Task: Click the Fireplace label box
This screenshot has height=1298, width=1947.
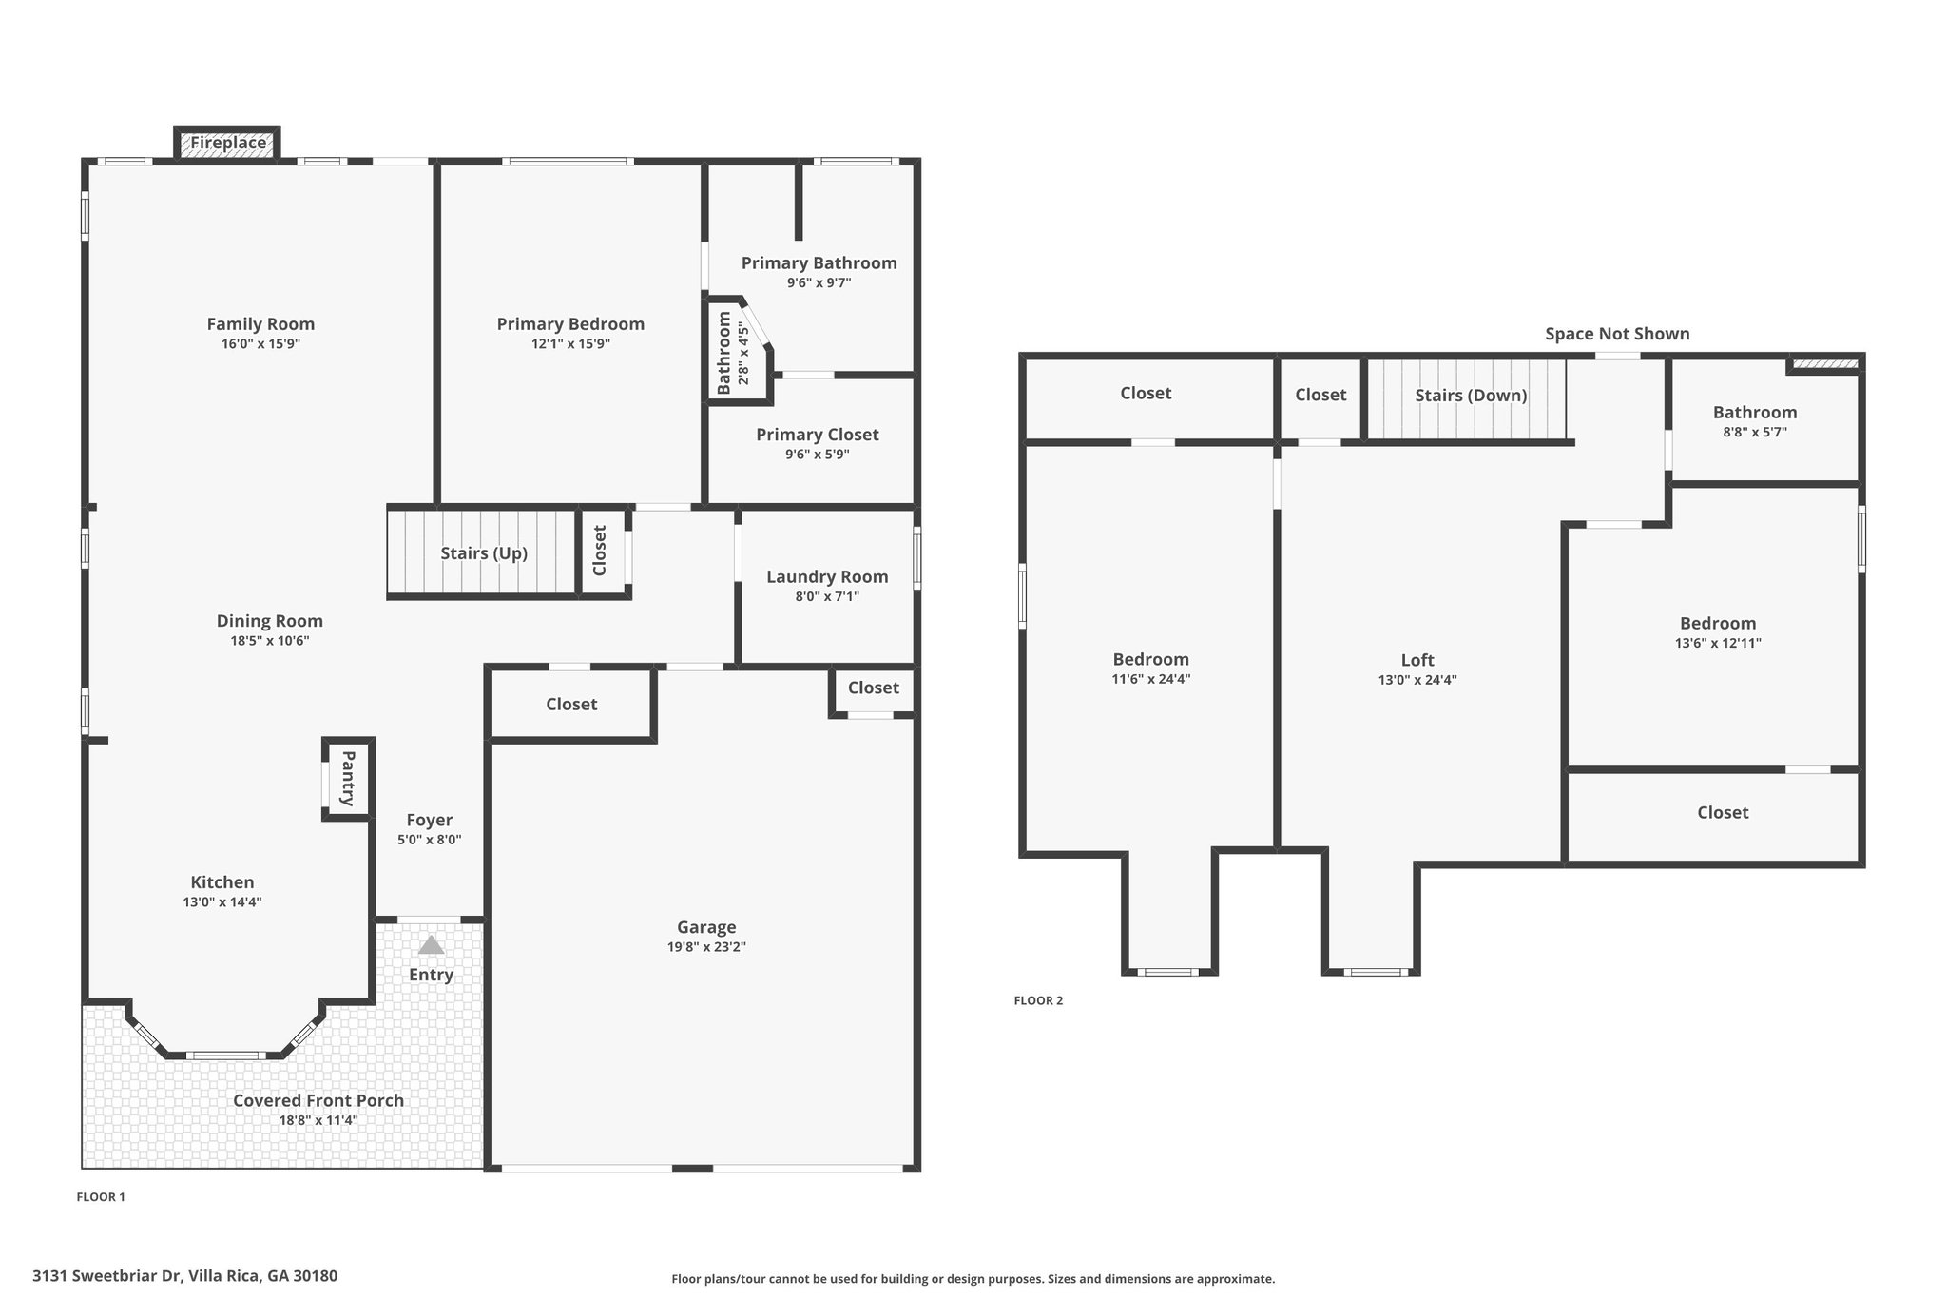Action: point(227,143)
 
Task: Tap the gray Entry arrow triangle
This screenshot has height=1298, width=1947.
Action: point(431,944)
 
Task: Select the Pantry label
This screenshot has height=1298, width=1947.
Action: point(348,778)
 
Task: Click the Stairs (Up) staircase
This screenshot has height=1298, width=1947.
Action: point(482,553)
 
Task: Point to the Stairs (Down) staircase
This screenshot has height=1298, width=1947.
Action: point(1466,398)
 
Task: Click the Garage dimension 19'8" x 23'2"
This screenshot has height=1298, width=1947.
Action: point(706,947)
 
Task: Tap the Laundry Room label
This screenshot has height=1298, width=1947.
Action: point(827,576)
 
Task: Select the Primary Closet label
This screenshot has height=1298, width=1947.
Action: point(818,435)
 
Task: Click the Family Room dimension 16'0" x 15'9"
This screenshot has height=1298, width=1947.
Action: point(260,344)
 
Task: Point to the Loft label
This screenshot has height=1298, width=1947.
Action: point(1417,660)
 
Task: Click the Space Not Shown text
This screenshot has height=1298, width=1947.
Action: point(1617,334)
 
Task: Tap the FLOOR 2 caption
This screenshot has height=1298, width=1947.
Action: point(1038,1000)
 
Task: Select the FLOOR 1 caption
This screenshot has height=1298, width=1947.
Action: point(101,1197)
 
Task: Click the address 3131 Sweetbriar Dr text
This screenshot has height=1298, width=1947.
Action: point(108,1276)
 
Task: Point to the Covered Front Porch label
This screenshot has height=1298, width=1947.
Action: point(318,1100)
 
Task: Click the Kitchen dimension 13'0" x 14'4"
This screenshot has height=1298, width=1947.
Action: point(222,902)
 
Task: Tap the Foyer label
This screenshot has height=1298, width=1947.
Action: point(430,820)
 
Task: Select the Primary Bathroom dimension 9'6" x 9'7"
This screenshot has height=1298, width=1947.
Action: point(819,282)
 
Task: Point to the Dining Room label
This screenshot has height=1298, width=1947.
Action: point(270,621)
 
